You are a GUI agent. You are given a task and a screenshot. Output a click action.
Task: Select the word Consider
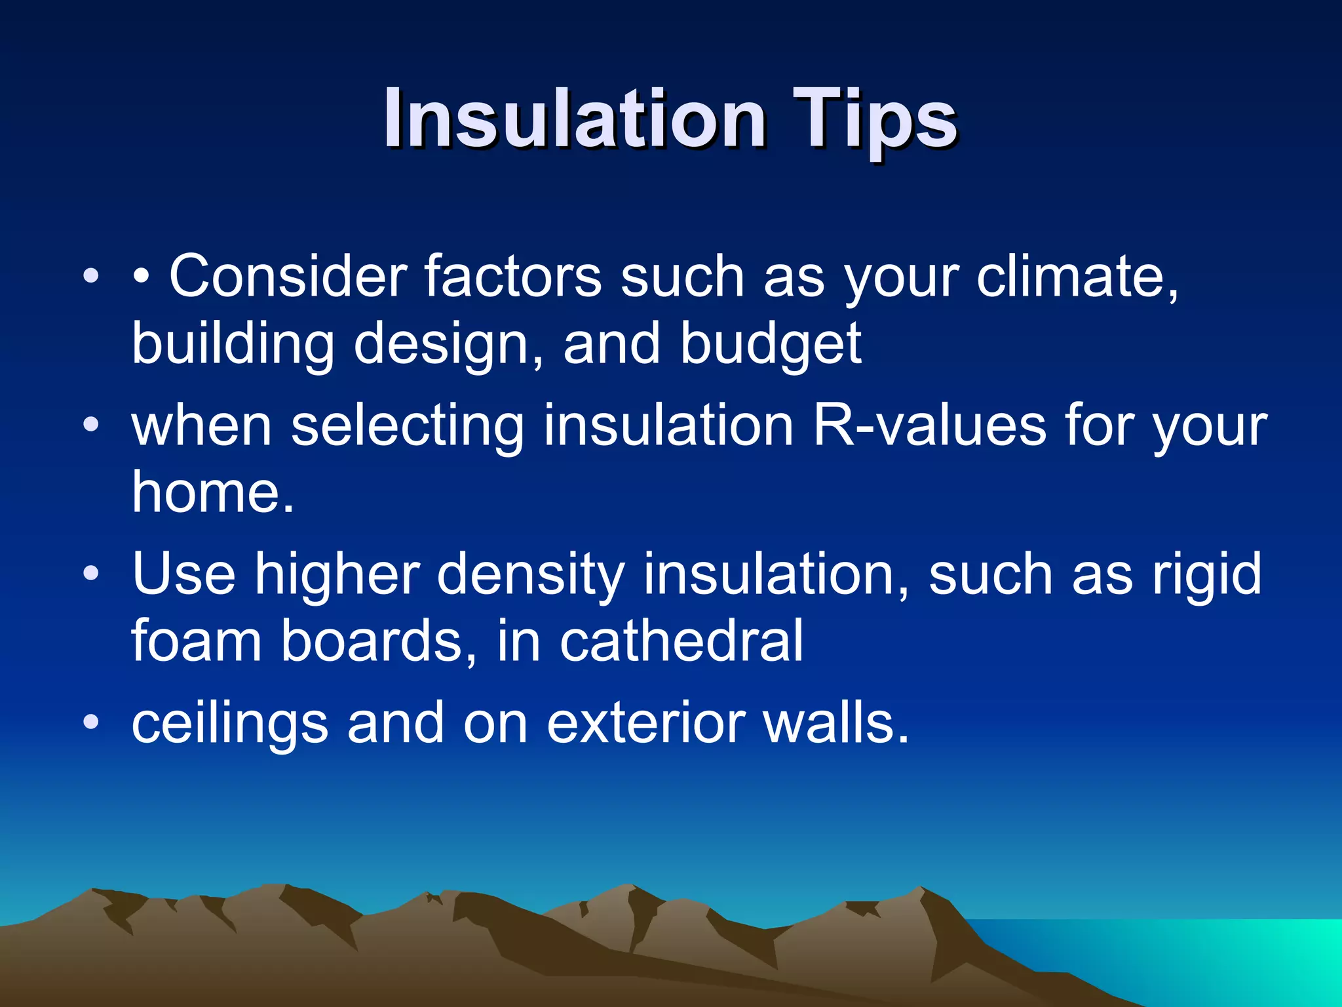coord(288,276)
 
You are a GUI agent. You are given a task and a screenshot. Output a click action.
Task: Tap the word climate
coord(1077,276)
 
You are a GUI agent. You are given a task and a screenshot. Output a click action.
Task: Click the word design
coord(448,345)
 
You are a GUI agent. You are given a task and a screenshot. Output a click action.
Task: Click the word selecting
coord(407,427)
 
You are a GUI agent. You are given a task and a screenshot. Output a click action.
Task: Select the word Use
coord(183,574)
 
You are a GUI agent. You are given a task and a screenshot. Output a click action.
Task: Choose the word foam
coord(197,641)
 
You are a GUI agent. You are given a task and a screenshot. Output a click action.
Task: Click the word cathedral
coord(681,641)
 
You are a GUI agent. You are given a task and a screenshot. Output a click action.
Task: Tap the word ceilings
coord(229,724)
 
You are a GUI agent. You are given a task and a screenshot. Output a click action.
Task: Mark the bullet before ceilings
coord(91,722)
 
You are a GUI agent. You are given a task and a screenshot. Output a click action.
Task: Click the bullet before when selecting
coord(91,425)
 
